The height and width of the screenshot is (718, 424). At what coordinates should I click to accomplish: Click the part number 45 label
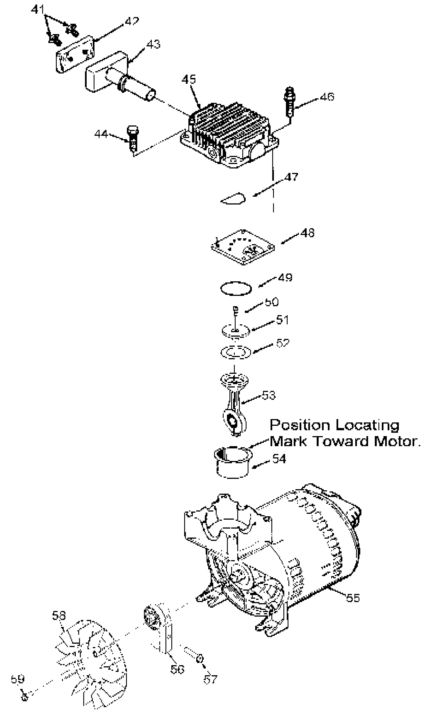click(189, 79)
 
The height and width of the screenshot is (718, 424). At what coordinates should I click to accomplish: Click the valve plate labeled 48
click(243, 247)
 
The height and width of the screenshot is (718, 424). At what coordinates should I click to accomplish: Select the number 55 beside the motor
click(352, 598)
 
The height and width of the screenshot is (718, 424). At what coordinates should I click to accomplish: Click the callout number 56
click(177, 669)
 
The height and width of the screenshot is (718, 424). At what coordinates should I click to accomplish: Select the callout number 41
click(38, 10)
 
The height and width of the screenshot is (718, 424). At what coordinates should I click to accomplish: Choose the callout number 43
click(153, 44)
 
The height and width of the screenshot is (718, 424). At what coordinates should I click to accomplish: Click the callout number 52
click(283, 343)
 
